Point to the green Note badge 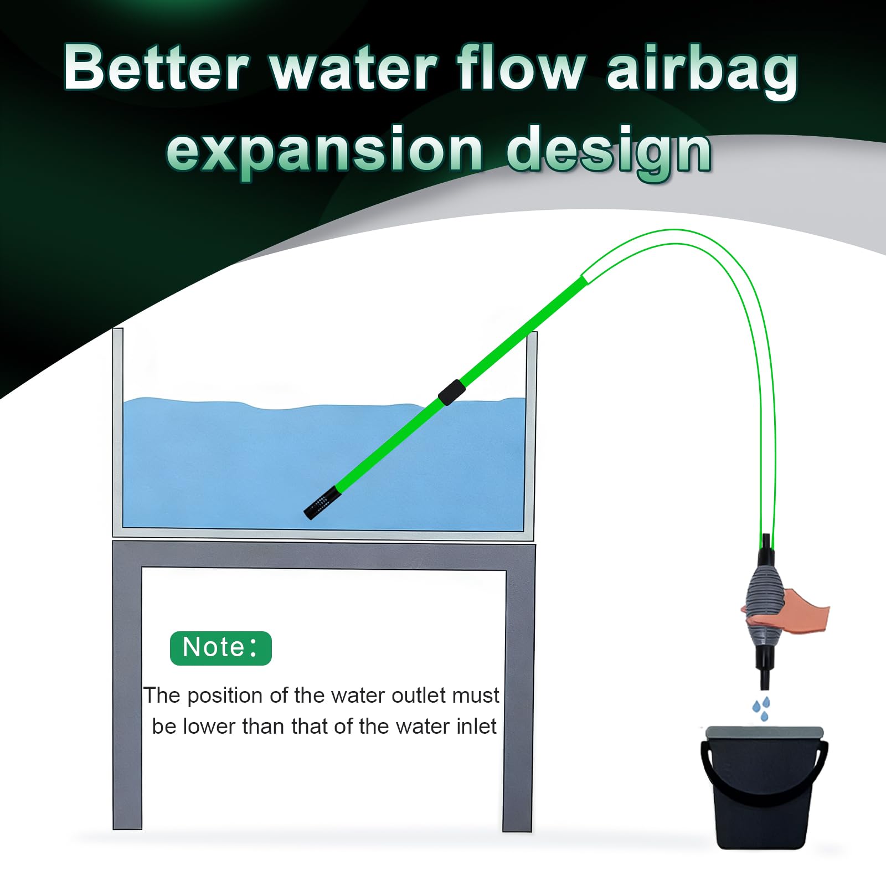click(220, 648)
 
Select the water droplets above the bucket click(761, 708)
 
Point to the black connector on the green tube click(451, 393)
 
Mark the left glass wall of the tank click(118, 432)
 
